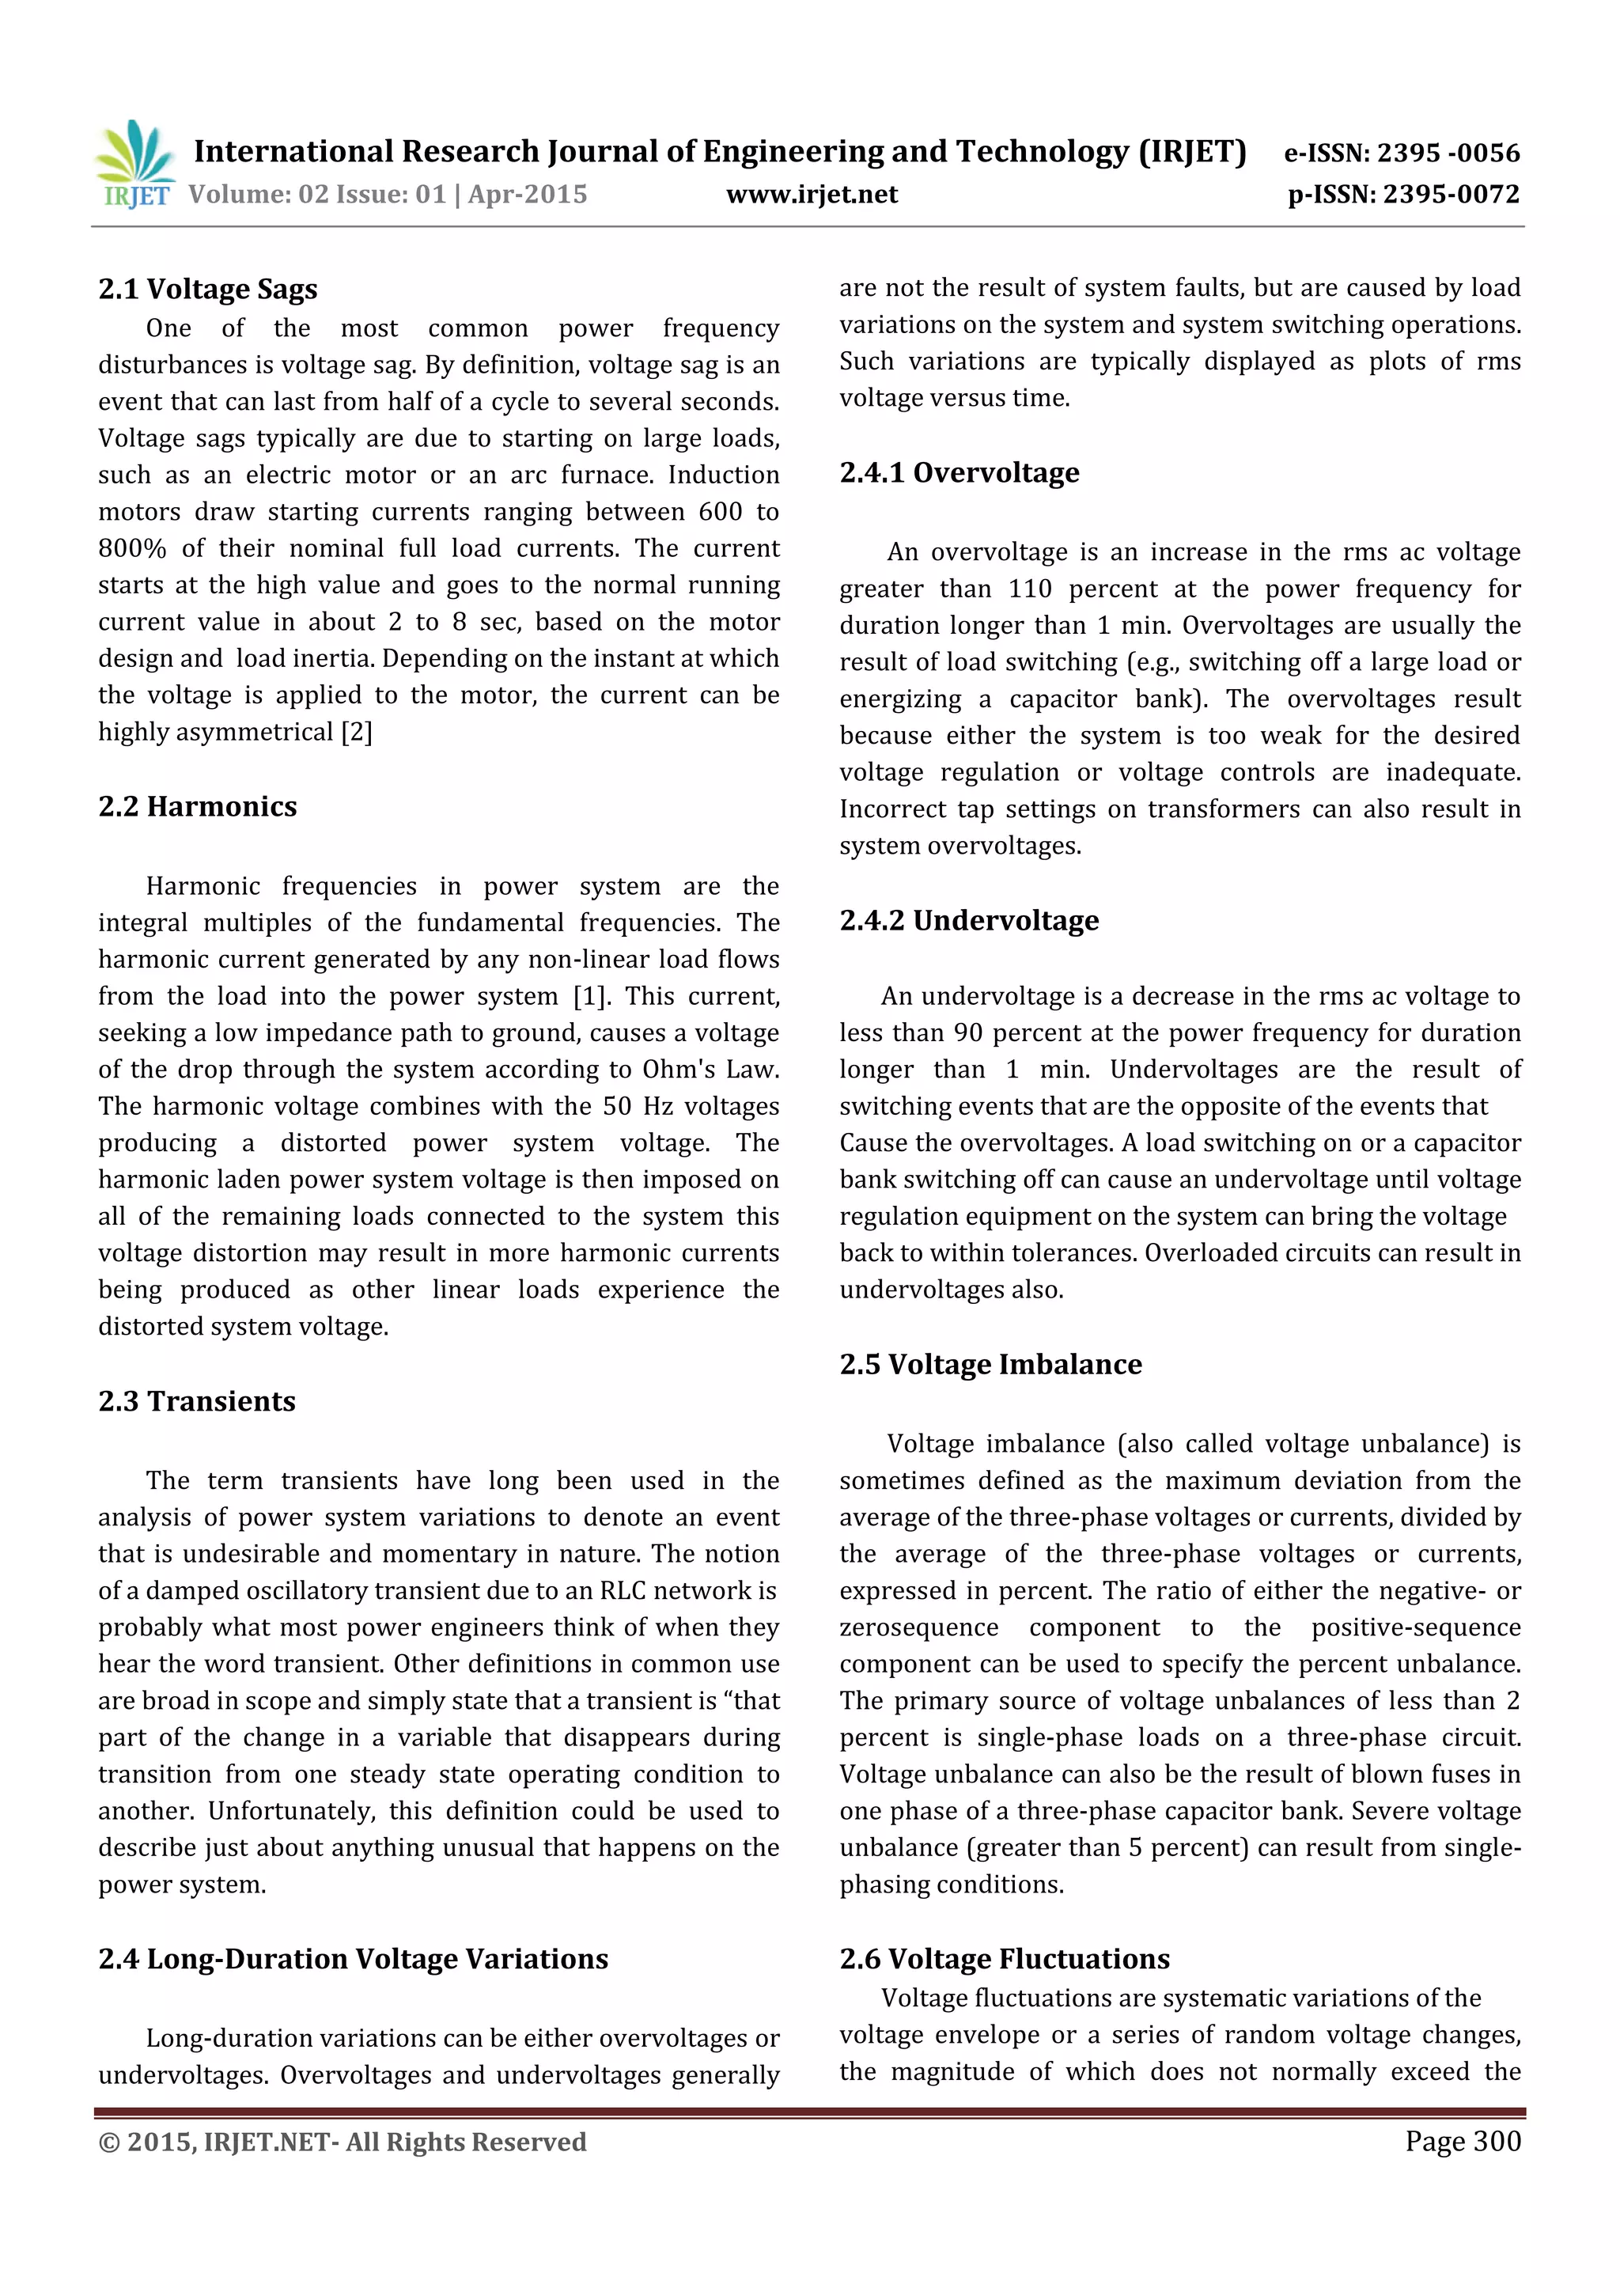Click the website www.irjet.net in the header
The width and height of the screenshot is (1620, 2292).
pos(812,195)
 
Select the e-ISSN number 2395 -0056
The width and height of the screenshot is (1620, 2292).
pos(1448,153)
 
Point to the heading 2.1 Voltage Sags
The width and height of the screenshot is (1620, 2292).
pos(207,290)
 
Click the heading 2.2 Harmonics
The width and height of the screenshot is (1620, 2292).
pos(198,807)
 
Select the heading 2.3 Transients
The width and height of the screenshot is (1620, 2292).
pos(197,1402)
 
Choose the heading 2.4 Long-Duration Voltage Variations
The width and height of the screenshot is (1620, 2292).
pos(352,1959)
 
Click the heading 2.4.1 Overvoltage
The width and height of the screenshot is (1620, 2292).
pos(960,472)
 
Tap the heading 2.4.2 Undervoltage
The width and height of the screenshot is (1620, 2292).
pos(969,920)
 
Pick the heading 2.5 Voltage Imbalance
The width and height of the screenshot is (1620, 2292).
pos(990,1365)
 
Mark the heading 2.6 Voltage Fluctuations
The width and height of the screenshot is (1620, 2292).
pos(1004,1959)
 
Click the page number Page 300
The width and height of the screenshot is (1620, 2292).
pos(1463,2140)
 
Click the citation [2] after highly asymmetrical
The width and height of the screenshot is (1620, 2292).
pos(356,733)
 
